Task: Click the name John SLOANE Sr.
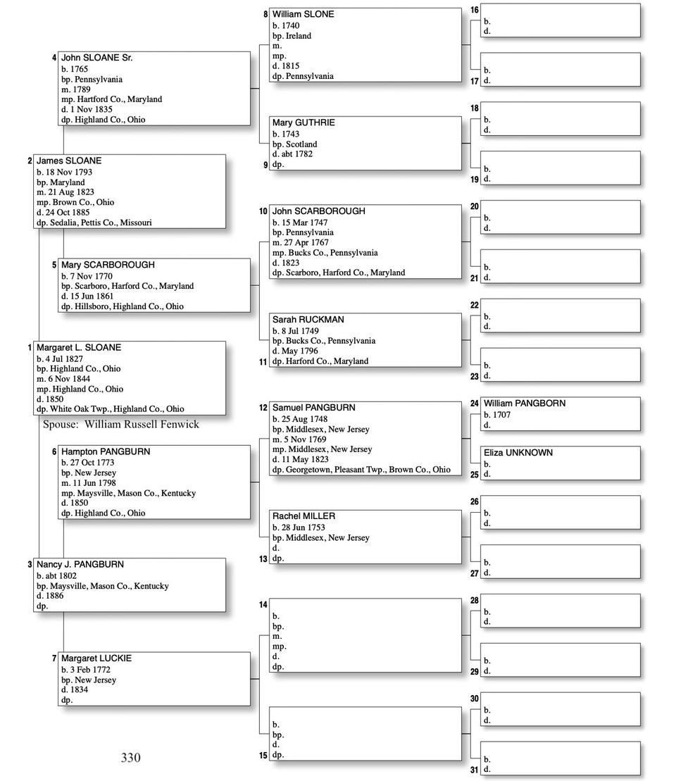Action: coord(96,58)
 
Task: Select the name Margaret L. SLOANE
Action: coord(78,348)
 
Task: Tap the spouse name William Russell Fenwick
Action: coord(142,425)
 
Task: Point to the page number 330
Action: coord(130,758)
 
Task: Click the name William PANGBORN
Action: coord(524,404)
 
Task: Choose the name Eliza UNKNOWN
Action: coord(518,453)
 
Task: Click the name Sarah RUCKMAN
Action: coord(308,320)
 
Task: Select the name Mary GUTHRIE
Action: coord(303,123)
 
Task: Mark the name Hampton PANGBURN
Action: coord(105,451)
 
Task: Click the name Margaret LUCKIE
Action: coord(96,658)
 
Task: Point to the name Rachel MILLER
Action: coord(303,516)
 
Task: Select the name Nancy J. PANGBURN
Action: coord(80,564)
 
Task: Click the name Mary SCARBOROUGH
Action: coord(108,265)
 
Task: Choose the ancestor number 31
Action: coord(475,770)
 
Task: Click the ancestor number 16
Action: coord(475,11)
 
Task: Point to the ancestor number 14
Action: coord(263,605)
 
